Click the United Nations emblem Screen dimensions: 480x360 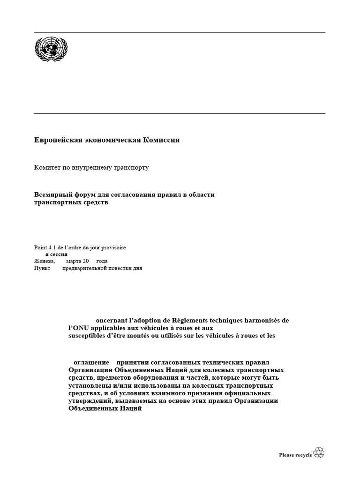(51, 49)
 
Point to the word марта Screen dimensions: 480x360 (75, 261)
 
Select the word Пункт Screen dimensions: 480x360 (42, 268)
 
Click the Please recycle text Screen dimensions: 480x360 (295, 455)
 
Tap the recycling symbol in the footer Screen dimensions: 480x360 (319, 452)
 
